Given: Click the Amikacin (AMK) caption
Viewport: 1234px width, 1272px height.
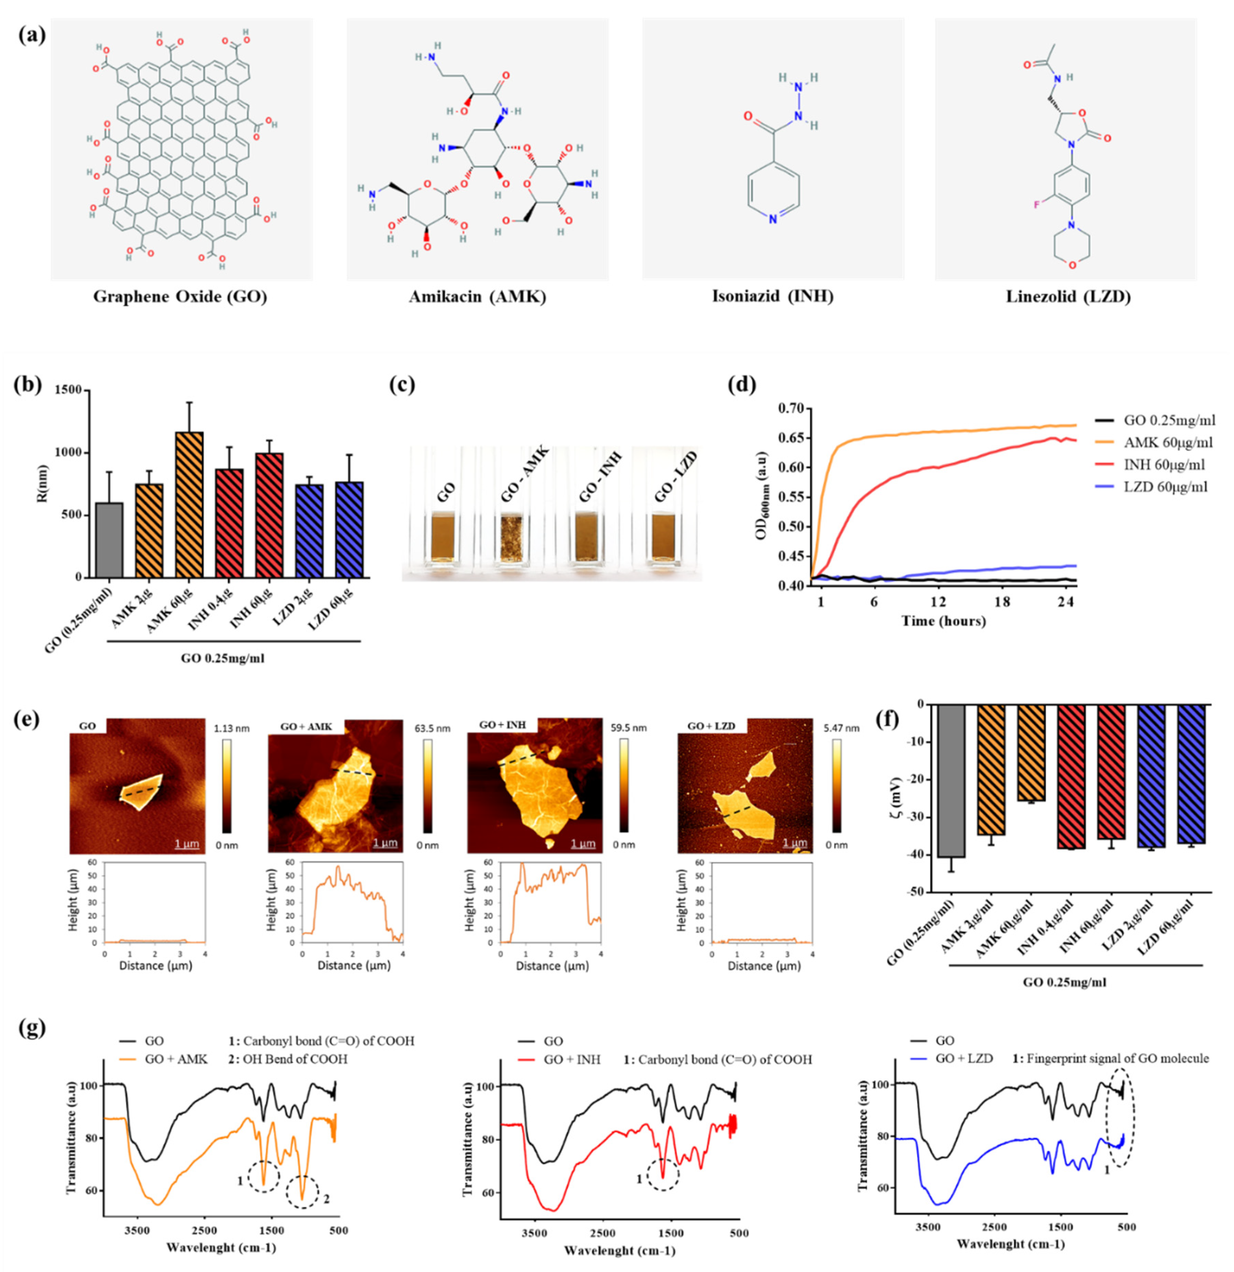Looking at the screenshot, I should tap(477, 297).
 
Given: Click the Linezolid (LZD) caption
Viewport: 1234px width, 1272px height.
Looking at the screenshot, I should tap(1068, 297).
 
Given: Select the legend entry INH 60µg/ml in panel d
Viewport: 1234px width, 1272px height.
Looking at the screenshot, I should tap(1164, 465).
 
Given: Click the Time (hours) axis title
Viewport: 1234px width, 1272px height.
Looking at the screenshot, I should tap(943, 621).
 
